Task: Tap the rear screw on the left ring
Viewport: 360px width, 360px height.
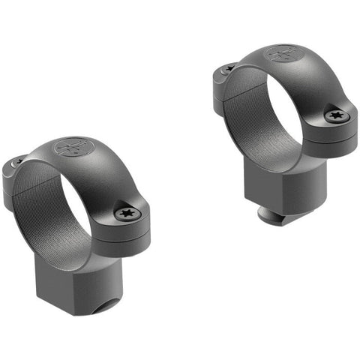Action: (20, 161)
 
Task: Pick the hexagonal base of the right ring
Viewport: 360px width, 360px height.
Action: (277, 184)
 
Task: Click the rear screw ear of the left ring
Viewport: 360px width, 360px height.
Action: (16, 176)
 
